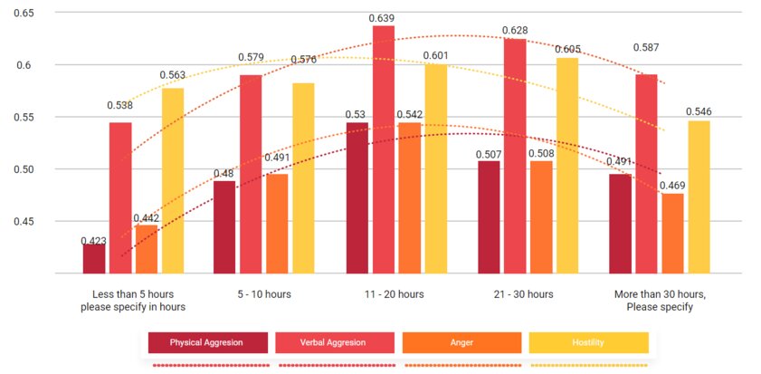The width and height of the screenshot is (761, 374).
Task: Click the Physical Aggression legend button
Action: [208, 342]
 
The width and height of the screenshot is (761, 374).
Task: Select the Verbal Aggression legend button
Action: [335, 342]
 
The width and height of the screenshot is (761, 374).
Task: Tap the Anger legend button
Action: [461, 342]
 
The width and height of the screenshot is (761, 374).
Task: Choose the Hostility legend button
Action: [588, 342]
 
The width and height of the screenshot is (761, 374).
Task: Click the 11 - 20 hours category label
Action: [395, 294]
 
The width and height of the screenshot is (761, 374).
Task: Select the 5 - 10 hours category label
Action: [263, 294]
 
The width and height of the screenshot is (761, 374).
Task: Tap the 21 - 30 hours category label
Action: [526, 294]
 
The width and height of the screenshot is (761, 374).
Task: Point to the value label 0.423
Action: [93, 241]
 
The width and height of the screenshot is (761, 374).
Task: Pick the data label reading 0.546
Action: [699, 112]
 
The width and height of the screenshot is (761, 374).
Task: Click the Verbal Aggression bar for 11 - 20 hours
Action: [384, 149]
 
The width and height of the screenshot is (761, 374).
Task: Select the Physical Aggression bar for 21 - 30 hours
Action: [489, 217]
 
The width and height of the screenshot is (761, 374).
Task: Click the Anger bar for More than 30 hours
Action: [673, 234]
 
